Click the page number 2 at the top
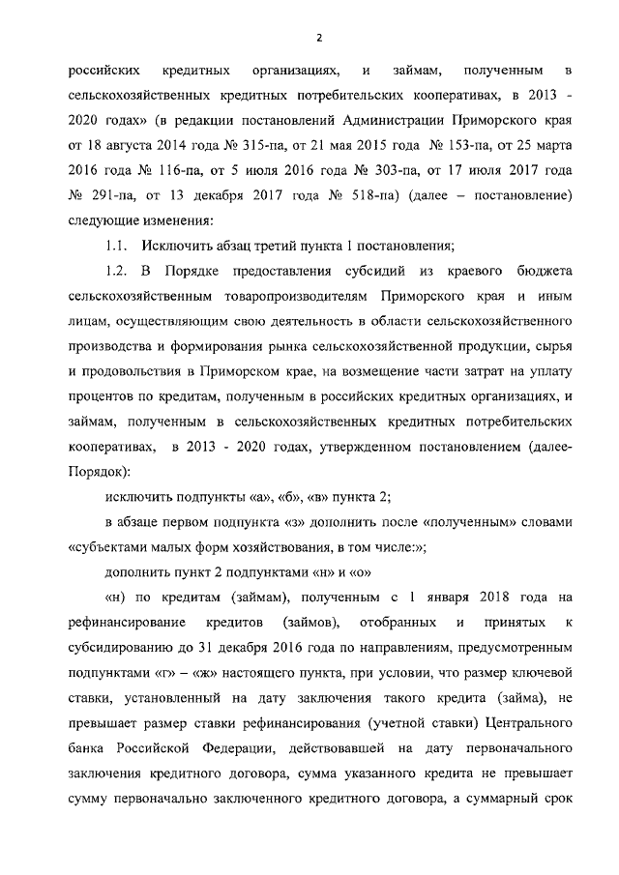click(x=318, y=38)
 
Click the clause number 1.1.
click(x=116, y=246)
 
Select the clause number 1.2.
click(x=116, y=271)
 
